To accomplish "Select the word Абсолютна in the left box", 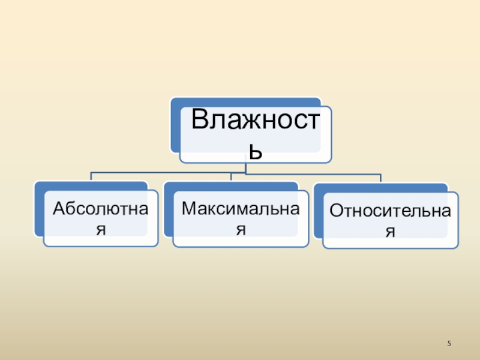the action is pyautogui.click(x=100, y=209).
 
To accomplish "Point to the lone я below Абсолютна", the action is pyautogui.click(x=101, y=229).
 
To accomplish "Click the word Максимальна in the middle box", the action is pyautogui.click(x=240, y=209).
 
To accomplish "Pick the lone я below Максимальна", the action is pyautogui.click(x=241, y=229).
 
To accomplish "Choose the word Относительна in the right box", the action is pyautogui.click(x=390, y=211).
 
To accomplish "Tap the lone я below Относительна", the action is pyautogui.click(x=391, y=231).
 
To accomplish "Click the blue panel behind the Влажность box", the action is pyautogui.click(x=175, y=126).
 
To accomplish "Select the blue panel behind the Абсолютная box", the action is pyautogui.click(x=38, y=210).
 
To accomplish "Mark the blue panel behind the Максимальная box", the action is pyautogui.click(x=168, y=210).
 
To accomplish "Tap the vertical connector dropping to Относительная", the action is pyautogui.click(x=380, y=178).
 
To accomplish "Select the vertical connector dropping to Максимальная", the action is pyautogui.click(x=231, y=177).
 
